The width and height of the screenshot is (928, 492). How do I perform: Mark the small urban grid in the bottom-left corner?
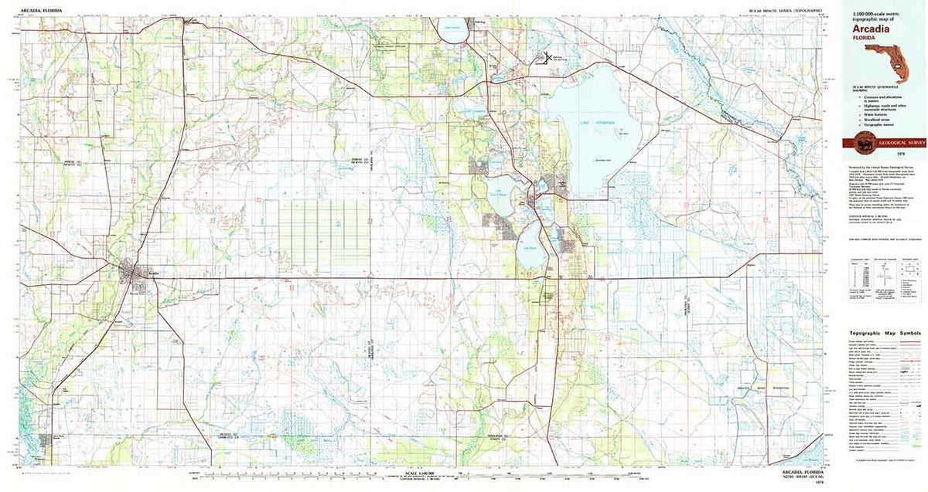point(44,443)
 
